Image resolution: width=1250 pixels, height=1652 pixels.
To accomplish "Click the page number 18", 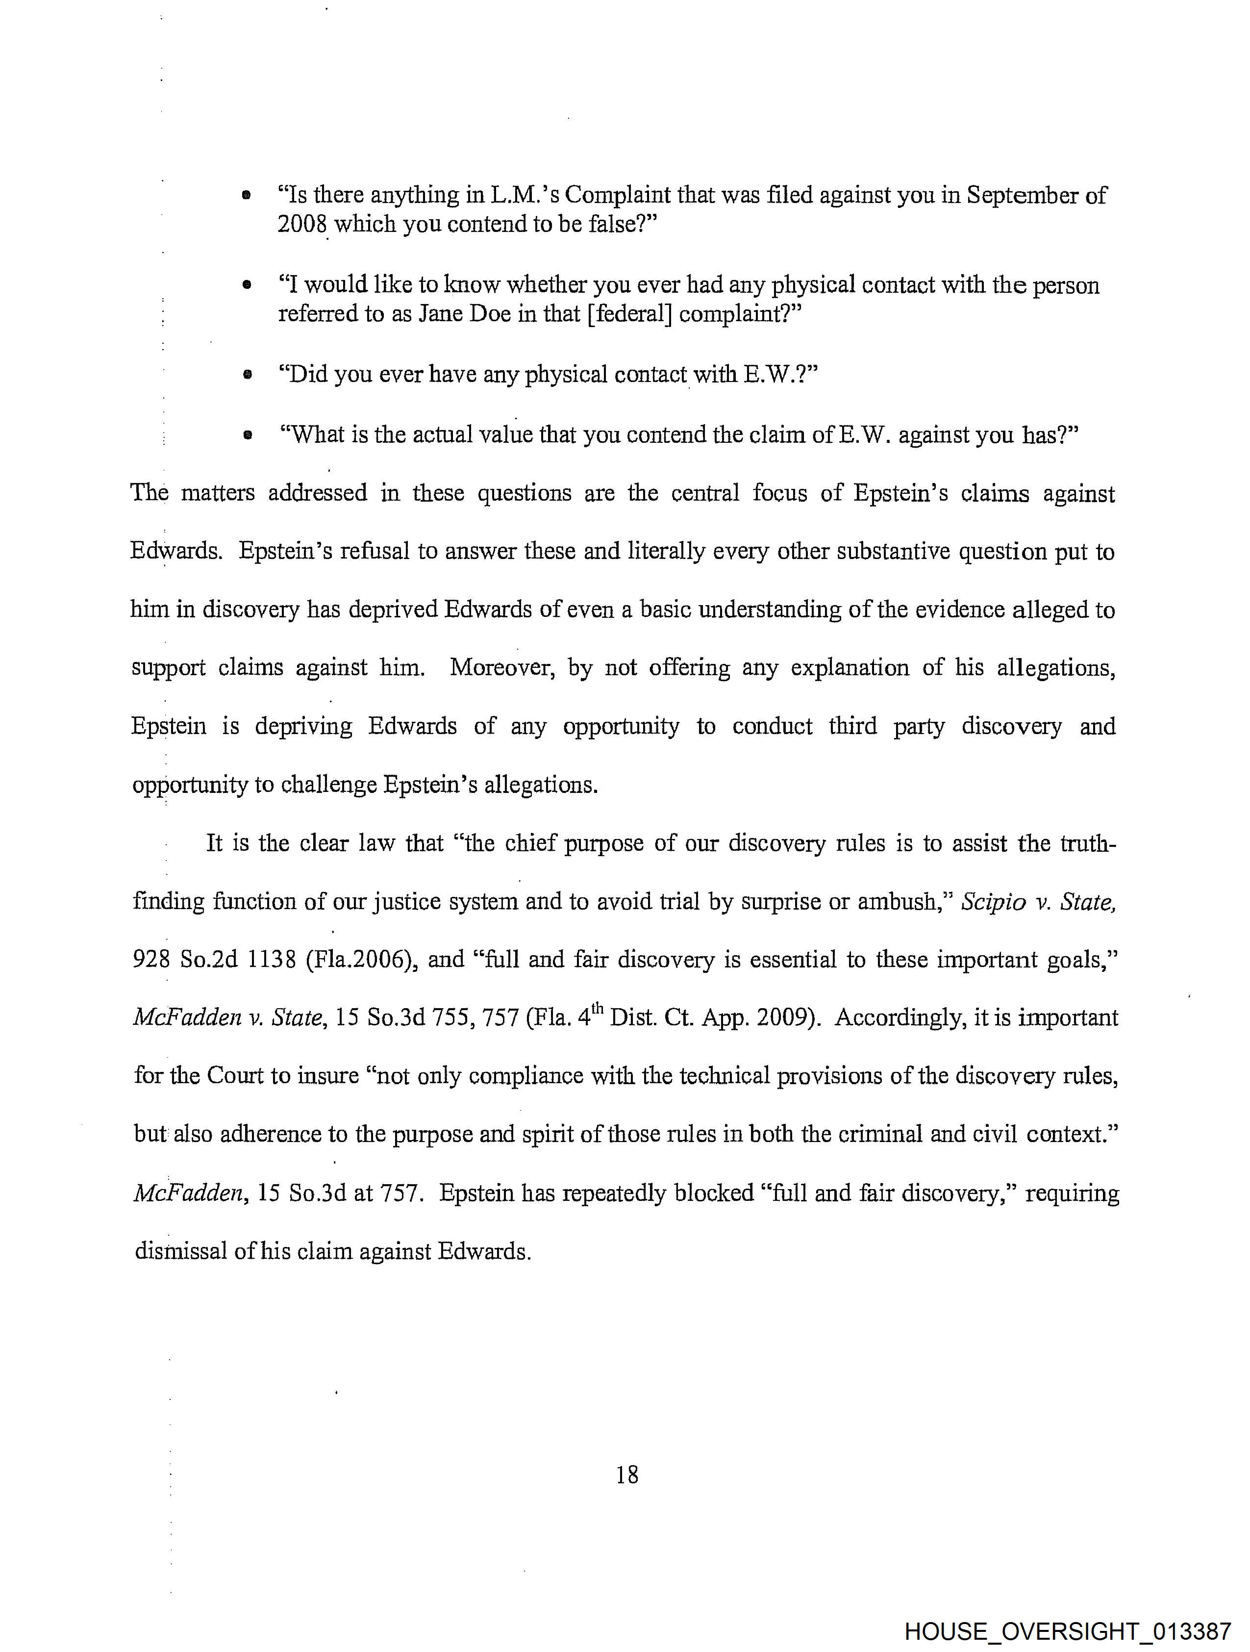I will point(627,1475).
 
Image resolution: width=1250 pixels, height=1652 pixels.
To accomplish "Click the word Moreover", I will point(502,668).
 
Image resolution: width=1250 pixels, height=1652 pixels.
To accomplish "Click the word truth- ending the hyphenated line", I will point(1087,844).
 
